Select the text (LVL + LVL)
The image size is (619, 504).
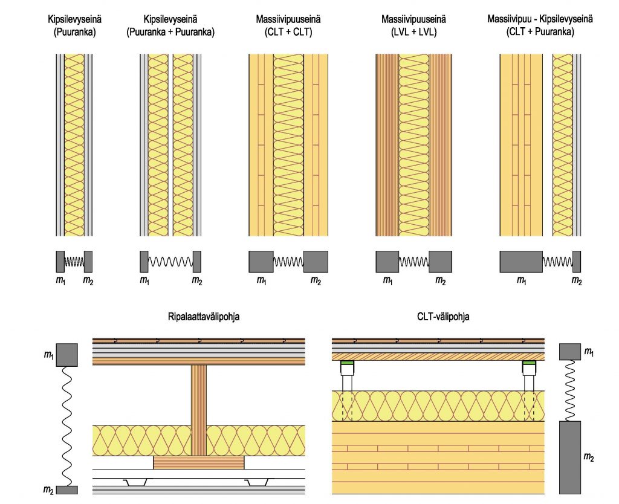coord(414,32)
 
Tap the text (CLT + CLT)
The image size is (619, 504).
coord(288,32)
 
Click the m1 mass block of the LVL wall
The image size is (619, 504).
coord(387,262)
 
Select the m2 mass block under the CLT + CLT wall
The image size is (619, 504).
coord(316,262)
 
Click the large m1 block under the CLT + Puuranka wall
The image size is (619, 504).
coord(520,262)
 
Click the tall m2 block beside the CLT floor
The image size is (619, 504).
coord(569,457)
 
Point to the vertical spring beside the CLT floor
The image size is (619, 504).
coord(569,390)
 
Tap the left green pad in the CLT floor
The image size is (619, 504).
coord(347,363)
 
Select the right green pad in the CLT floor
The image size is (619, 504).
coord(529,363)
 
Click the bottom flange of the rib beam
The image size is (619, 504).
coord(199,462)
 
